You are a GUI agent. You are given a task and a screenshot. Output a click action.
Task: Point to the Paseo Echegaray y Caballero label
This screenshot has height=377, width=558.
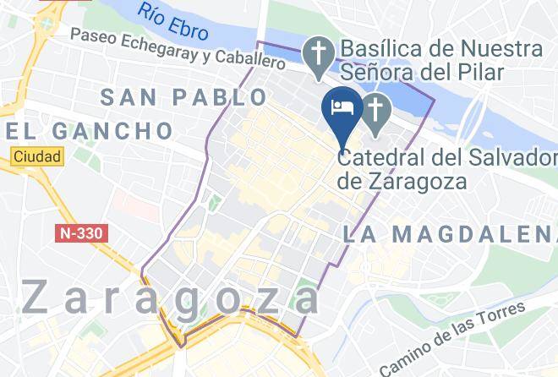click(x=178, y=49)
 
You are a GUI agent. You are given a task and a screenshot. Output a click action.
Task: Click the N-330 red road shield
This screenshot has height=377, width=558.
click(x=85, y=232)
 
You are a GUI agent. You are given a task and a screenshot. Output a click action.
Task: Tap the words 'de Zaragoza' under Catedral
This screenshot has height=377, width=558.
click(x=392, y=180)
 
